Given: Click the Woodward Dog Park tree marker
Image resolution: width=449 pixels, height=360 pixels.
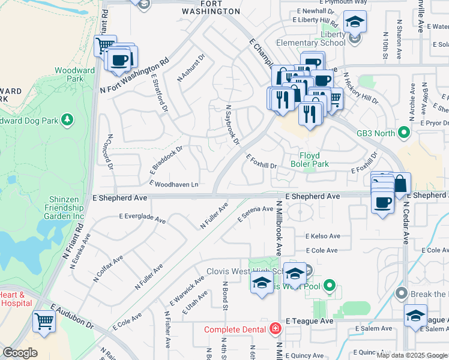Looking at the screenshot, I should click(68, 120).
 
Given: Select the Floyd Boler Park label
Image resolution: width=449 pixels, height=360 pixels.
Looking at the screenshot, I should click(309, 160).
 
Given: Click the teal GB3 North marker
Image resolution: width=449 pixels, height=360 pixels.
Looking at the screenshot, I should click(404, 132).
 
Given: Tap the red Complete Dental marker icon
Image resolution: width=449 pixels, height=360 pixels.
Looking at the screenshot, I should click(275, 329).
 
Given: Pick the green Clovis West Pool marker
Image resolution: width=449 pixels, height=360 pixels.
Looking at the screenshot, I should click(328, 286).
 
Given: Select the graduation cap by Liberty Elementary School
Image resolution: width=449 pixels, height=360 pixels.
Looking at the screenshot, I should click(355, 23).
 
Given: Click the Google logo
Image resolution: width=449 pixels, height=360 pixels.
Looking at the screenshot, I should click(20, 353).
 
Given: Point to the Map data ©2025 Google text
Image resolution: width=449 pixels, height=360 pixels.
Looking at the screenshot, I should click(412, 355).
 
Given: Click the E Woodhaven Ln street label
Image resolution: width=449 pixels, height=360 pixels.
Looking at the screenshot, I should click(174, 184).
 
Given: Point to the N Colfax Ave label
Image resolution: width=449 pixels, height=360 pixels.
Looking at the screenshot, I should click(108, 268).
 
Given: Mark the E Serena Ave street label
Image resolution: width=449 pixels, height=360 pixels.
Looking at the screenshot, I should click(255, 213).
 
